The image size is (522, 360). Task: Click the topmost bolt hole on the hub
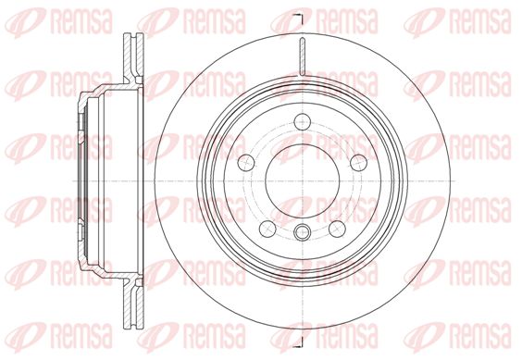[x=303, y=121]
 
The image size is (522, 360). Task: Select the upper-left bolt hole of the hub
[x=246, y=163]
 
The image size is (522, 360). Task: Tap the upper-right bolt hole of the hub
[x=359, y=163]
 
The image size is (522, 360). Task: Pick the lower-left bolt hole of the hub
[x=267, y=229]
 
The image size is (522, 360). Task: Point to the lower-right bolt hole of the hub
[x=337, y=229]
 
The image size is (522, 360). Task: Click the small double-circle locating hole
[x=303, y=231]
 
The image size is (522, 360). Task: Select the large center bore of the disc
[x=303, y=180]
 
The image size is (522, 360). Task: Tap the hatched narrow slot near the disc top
[x=303, y=56]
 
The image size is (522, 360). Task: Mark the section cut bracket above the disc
[x=300, y=19]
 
